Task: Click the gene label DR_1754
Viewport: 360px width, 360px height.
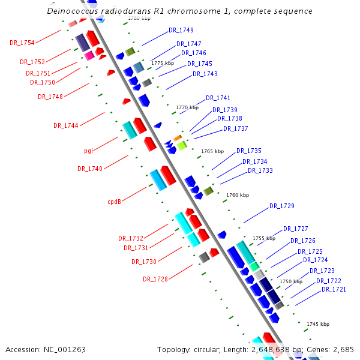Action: pyautogui.click(x=22, y=43)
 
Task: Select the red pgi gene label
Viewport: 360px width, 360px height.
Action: pyautogui.click(x=88, y=151)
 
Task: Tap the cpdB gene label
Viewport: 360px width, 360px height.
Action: pyautogui.click(x=115, y=202)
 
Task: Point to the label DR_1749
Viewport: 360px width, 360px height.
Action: pyautogui.click(x=181, y=30)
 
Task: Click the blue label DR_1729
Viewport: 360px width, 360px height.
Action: pyautogui.click(x=281, y=206)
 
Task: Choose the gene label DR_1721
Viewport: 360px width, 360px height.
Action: pyautogui.click(x=334, y=289)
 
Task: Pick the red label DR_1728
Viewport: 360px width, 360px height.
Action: pyautogui.click(x=155, y=279)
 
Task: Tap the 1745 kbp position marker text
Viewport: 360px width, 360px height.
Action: pyautogui.click(x=318, y=324)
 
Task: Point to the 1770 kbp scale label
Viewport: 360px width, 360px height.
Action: pyautogui.click(x=187, y=108)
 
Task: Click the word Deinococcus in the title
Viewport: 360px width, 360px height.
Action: pyautogui.click(x=72, y=11)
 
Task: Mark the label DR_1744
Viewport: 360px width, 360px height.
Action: pyautogui.click(x=65, y=125)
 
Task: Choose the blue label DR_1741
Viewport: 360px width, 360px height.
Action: pyautogui.click(x=218, y=98)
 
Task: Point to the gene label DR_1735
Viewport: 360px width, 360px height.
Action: pyautogui.click(x=248, y=151)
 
